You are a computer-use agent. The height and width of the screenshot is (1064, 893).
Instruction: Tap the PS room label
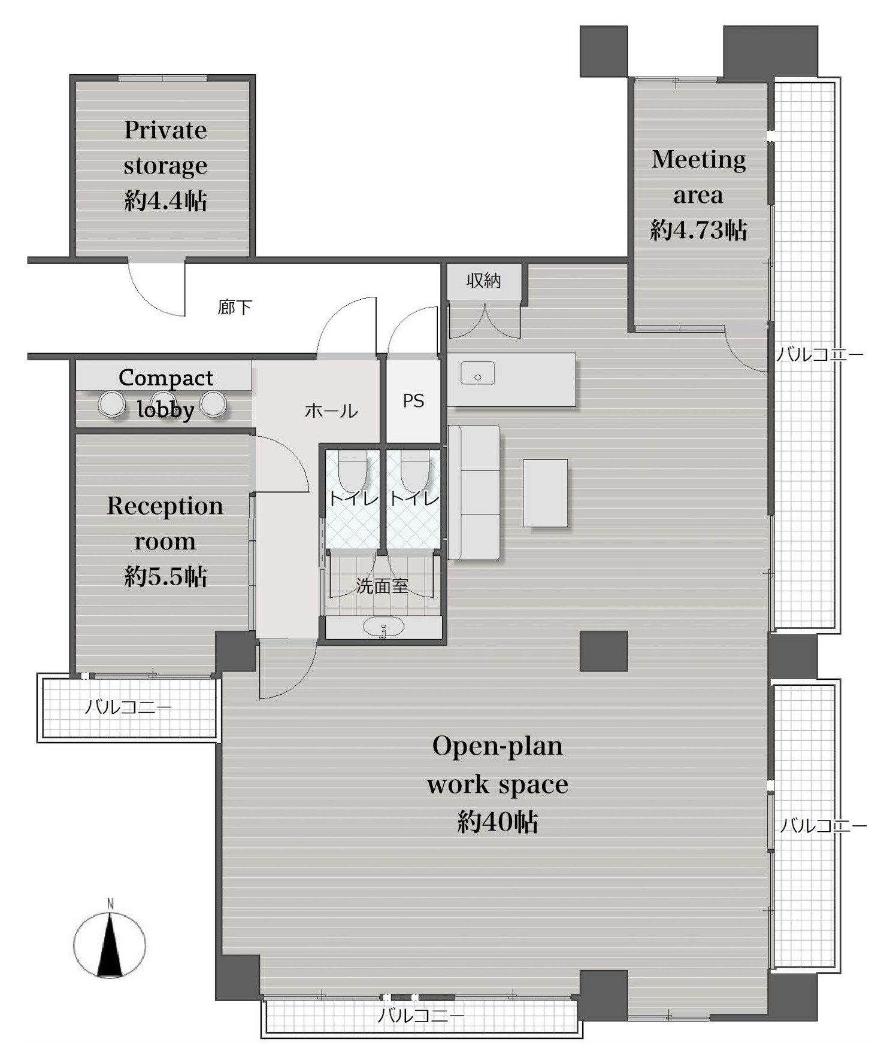pyautogui.click(x=413, y=400)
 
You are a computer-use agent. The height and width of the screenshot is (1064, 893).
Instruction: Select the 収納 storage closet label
pyautogui.click(x=484, y=280)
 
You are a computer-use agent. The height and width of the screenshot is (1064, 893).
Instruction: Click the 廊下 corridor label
pyautogui.click(x=234, y=307)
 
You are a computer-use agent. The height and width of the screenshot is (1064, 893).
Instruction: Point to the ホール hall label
pyautogui.click(x=331, y=411)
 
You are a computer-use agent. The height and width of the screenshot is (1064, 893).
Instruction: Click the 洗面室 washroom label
pyautogui.click(x=382, y=585)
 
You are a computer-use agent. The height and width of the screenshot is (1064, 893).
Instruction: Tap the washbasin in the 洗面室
pyautogui.click(x=383, y=628)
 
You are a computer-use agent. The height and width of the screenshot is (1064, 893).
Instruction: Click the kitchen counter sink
pyautogui.click(x=477, y=373)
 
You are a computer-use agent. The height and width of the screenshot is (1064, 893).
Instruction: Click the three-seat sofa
pyautogui.click(x=474, y=493)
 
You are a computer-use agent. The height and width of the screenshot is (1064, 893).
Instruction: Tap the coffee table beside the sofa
pyautogui.click(x=545, y=493)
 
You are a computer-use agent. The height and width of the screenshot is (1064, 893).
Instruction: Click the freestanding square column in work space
pyautogui.click(x=604, y=651)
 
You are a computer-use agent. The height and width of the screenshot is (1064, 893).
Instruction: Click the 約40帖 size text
pyautogui.click(x=498, y=822)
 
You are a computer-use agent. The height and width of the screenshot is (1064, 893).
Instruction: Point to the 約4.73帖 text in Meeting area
pyautogui.click(x=698, y=230)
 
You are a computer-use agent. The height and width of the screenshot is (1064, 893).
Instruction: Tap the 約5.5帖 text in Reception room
pyautogui.click(x=165, y=576)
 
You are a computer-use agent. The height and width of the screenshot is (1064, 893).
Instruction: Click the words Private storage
pyautogui.click(x=165, y=147)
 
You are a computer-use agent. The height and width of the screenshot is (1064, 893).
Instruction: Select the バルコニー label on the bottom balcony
pyautogui.click(x=420, y=1016)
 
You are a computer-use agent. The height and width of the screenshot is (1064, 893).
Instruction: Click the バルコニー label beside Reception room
pyautogui.click(x=128, y=707)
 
